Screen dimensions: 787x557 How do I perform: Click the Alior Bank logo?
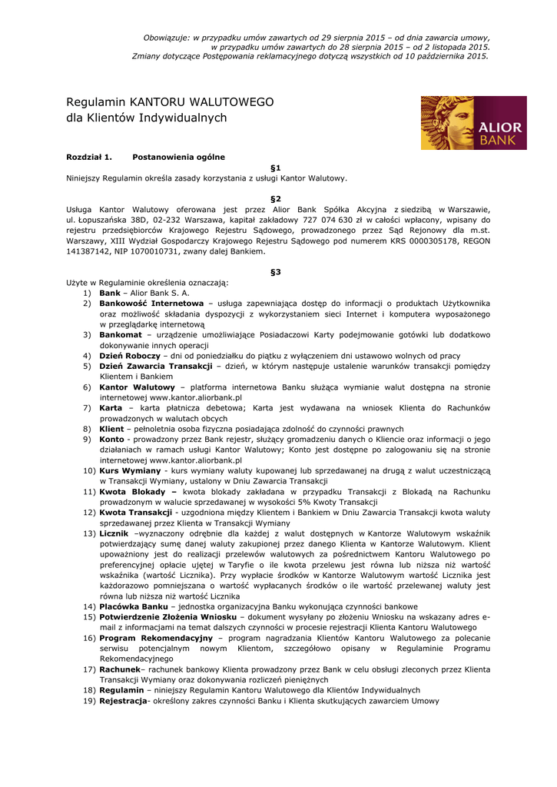473,123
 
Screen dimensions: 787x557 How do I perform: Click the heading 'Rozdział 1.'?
89,157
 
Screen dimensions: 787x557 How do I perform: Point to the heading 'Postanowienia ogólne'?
178,157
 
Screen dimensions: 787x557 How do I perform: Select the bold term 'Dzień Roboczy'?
130,356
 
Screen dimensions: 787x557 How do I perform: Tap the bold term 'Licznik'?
114,533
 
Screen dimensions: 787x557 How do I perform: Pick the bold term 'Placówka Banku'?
134,606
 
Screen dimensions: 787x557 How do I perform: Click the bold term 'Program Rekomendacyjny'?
156,638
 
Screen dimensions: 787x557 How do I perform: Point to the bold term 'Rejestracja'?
123,701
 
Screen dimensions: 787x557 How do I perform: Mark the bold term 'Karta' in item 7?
111,408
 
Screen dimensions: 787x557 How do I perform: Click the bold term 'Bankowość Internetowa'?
151,304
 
